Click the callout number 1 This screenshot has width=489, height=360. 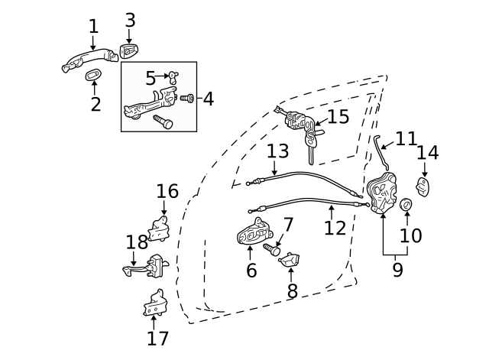pyautogui.click(x=93, y=26)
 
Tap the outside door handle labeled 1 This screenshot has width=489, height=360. pyautogui.click(x=86, y=60)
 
